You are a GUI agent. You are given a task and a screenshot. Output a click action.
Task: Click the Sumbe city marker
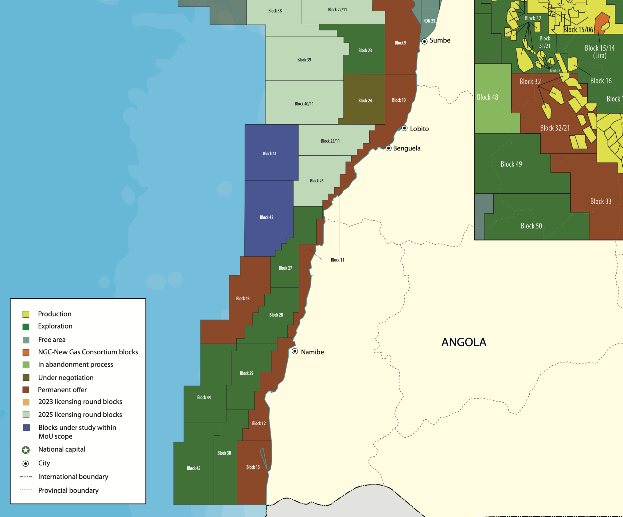[x=425, y=41]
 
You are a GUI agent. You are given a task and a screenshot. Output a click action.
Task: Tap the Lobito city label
[x=419, y=129]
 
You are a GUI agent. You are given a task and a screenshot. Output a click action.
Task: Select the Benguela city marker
[x=388, y=148]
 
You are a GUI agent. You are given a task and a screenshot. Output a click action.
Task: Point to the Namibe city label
[x=312, y=352]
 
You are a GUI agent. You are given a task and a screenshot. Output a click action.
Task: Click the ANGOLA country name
[x=464, y=342]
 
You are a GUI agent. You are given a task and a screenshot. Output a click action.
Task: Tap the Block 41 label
[x=270, y=154]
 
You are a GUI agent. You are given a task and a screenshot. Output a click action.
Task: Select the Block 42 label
[x=266, y=217]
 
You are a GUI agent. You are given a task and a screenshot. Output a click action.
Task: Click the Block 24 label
[x=365, y=101]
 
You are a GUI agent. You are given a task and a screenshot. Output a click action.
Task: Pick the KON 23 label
[x=429, y=21]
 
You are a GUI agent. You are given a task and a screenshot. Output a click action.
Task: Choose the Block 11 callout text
[x=337, y=260]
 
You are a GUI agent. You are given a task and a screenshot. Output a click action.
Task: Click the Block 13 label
[x=253, y=467]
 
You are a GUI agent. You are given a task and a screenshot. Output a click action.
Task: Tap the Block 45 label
[x=193, y=468]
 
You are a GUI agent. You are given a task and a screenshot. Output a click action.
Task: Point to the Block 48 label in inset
[x=487, y=97]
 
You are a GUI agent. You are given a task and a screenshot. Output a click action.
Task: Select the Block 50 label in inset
[x=531, y=226]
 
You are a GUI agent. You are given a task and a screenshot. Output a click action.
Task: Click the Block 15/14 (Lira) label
[x=600, y=52]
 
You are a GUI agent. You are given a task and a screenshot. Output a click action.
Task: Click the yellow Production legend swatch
[x=26, y=314]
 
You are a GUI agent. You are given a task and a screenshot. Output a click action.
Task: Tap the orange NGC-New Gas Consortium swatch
[x=26, y=352]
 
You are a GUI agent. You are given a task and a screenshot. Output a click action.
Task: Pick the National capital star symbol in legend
[x=26, y=450]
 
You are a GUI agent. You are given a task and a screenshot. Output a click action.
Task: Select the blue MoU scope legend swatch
[x=26, y=428]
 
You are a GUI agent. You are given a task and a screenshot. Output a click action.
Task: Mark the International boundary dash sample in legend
[x=26, y=477]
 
